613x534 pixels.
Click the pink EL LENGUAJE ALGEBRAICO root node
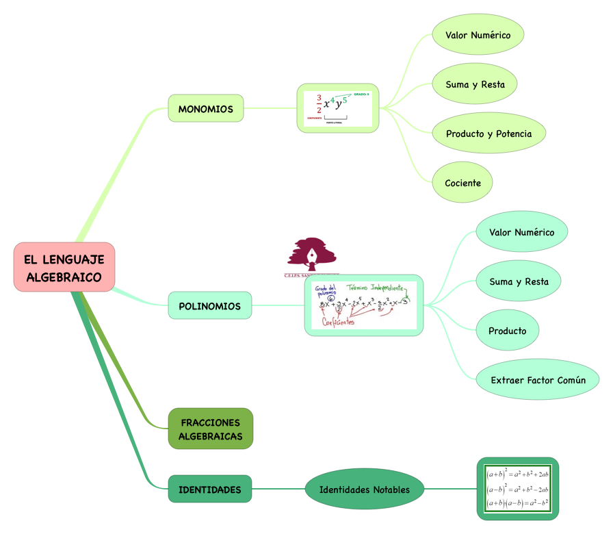coord(64,268)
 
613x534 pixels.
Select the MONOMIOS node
coord(205,109)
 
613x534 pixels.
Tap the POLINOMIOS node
coord(209,306)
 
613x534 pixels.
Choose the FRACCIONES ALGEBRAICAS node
coord(210,429)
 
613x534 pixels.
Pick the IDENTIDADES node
coord(209,489)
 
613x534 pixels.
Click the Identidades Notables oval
coord(365,489)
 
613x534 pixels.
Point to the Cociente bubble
coord(462,183)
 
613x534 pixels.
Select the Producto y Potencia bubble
coord(488,133)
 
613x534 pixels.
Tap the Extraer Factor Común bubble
coord(538,380)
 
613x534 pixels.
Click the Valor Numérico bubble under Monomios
coord(478,35)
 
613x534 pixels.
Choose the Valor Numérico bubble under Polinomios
coord(521,232)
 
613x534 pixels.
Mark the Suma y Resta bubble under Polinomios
coord(519,281)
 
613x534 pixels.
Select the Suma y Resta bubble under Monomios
coord(475,84)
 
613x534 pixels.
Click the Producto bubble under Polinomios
coord(507,331)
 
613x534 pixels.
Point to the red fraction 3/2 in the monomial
coord(318,103)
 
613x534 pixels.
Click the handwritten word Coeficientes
coord(338,322)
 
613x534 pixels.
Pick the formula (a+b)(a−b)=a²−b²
coord(517,504)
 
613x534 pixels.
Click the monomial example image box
coord(338,108)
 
